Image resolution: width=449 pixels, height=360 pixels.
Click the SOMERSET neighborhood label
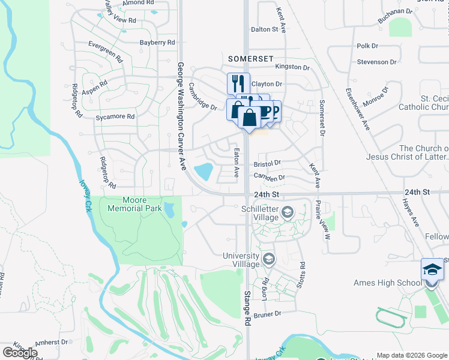[x=251, y=59]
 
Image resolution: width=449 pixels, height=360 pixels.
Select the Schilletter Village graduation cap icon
[x=288, y=211]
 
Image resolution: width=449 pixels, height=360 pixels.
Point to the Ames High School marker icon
[x=432, y=269]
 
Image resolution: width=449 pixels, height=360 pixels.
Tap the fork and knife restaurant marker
[x=238, y=83]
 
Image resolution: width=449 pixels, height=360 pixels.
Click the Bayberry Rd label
[x=157, y=43]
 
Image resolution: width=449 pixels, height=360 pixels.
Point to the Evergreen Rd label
[x=105, y=52]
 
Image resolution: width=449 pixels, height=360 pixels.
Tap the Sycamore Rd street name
[x=115, y=116]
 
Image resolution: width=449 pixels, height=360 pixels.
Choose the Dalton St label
[x=265, y=29]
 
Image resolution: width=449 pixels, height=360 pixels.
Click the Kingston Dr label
[x=292, y=68]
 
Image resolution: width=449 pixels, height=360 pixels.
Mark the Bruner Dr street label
[x=268, y=314]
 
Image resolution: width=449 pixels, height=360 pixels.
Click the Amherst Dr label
[x=50, y=342]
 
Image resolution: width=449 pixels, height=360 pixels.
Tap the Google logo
[x=20, y=352]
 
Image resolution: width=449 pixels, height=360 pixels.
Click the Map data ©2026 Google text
[x=412, y=355]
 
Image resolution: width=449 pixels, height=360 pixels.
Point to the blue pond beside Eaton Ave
[x=204, y=172]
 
